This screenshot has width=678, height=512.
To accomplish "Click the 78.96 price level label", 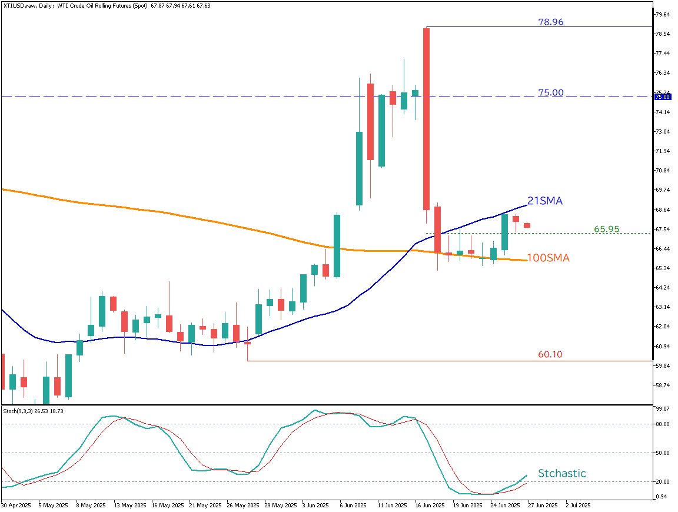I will [550, 22].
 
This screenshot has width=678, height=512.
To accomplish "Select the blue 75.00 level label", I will [550, 92].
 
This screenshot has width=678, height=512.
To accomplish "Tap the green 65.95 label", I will [606, 229].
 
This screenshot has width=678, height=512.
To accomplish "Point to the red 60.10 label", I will [550, 355].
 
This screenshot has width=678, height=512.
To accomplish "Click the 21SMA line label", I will [544, 201].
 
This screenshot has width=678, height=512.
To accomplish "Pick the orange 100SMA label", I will [548, 258].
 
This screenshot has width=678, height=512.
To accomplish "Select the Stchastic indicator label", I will [561, 473].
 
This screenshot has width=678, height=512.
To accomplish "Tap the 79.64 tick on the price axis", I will [662, 14].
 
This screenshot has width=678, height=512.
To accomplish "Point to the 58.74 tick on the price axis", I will [662, 385].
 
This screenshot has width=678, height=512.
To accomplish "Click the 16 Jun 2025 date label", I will [428, 505].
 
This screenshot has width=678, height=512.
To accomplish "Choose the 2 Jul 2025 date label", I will [578, 505].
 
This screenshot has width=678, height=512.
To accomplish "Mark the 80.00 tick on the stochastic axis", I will [662, 424].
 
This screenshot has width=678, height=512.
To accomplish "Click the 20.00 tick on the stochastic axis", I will [662, 482].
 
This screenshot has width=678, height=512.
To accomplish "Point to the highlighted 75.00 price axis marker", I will [662, 97].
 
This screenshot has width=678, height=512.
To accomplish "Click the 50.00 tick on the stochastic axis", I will [662, 453].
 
